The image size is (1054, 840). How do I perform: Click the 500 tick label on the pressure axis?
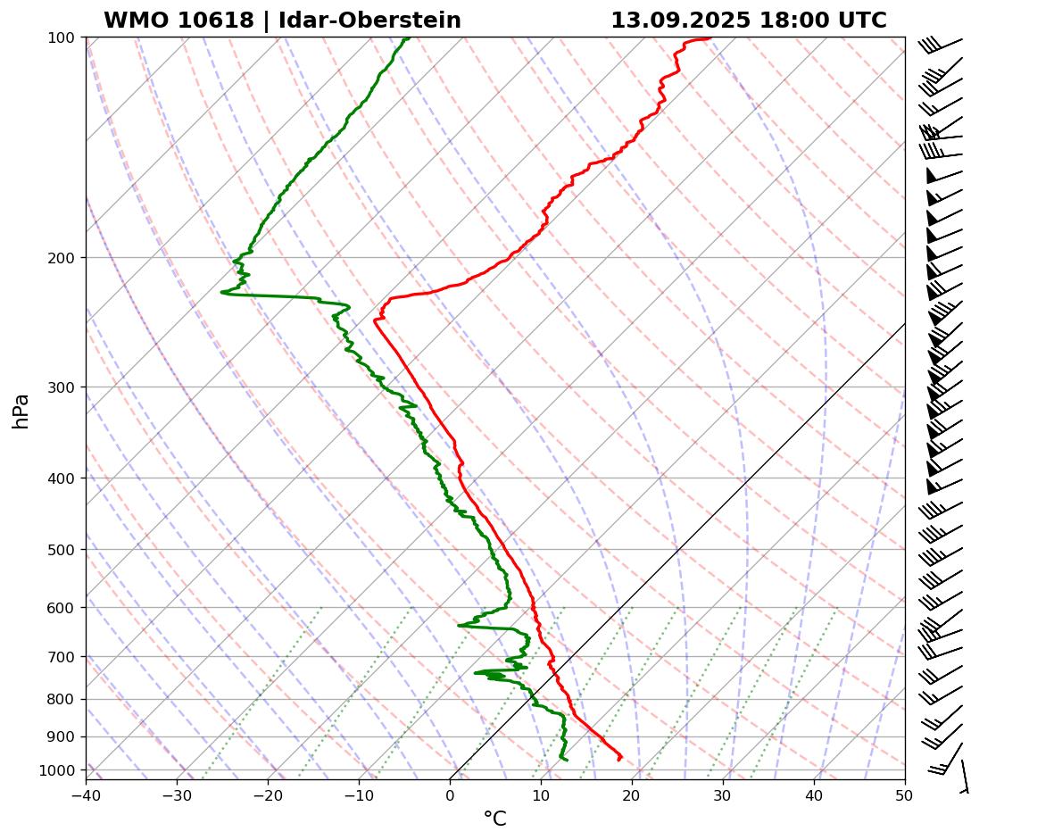tap(61, 550)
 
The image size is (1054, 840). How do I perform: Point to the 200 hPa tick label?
tap(61, 258)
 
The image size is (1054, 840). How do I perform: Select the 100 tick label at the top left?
tap(61, 37)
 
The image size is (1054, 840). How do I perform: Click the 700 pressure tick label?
tap(61, 657)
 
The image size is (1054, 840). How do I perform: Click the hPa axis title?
tap(21, 411)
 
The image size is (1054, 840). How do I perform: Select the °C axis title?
tap(494, 819)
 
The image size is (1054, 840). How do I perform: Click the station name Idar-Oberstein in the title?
tap(369, 21)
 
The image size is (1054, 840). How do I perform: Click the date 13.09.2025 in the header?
tap(681, 21)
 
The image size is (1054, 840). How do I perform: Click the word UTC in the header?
tap(861, 21)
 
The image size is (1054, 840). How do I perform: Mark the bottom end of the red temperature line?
tap(618, 760)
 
